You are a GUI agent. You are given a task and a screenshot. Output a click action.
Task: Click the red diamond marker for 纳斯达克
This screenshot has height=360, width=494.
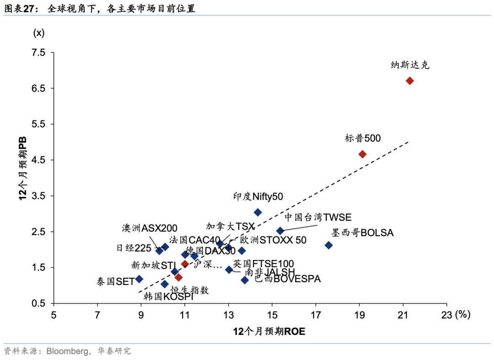point(410,81)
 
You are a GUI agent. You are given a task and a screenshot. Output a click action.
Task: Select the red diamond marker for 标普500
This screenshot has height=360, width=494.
point(362,154)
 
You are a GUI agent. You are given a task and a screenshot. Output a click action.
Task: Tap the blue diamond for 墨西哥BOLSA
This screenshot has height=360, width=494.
point(328,245)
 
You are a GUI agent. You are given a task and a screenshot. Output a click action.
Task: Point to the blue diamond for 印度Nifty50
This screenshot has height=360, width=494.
point(258,212)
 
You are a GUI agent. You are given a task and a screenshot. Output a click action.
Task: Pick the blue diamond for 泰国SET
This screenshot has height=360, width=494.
point(139,279)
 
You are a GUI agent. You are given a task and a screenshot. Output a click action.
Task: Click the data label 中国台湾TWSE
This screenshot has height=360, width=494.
point(318,218)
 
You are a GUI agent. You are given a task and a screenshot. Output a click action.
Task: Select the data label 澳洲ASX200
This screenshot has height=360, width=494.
point(150,228)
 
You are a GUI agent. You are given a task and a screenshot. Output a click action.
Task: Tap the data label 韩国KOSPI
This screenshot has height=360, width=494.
point(168,296)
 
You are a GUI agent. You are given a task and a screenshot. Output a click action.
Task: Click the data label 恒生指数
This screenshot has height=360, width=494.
point(190,290)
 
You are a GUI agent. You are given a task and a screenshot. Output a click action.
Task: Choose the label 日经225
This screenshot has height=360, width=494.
point(133,248)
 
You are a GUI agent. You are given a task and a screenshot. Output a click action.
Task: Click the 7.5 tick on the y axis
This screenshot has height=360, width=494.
point(39,53)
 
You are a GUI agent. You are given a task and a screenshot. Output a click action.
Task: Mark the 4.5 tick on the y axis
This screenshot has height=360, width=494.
point(39,160)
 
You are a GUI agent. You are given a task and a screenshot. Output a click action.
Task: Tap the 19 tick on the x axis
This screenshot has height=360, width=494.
point(359,315)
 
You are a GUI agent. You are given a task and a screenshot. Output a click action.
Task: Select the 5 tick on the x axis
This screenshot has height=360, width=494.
point(54,315)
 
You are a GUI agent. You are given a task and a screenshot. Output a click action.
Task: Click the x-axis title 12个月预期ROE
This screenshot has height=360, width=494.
point(269,332)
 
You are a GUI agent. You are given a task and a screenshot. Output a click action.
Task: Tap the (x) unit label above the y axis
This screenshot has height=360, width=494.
point(38,33)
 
